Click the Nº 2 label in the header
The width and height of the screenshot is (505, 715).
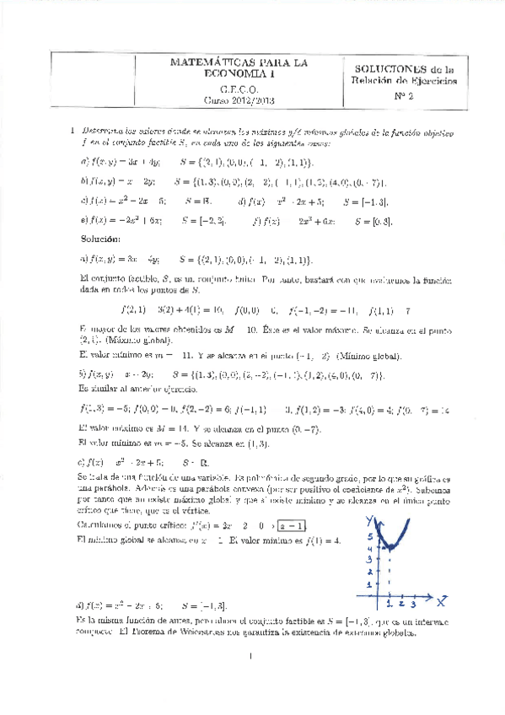pos(406,95)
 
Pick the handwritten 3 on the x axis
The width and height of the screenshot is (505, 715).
pos(414,605)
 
